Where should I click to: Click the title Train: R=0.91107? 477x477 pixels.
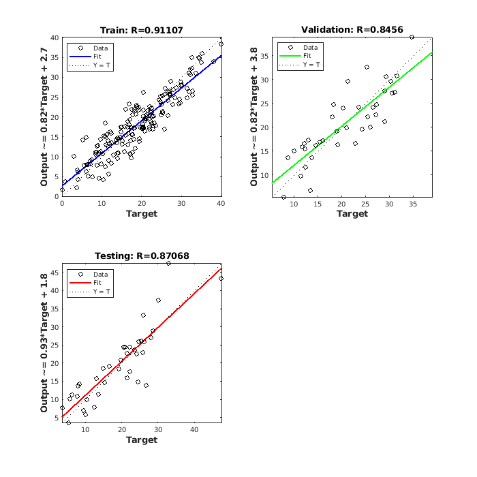coord(142,30)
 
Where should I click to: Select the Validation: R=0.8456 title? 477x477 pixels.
coord(352,29)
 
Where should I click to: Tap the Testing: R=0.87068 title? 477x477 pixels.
coord(142,256)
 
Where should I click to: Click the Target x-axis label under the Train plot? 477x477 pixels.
coord(142,214)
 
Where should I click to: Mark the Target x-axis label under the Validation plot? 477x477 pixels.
coord(352,214)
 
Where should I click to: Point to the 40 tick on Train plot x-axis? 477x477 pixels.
coord(221,203)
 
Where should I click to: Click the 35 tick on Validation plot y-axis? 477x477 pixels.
coord(264,56)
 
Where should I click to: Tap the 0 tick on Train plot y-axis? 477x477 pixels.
coord(57,196)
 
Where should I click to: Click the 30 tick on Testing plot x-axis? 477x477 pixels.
coord(157,429)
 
